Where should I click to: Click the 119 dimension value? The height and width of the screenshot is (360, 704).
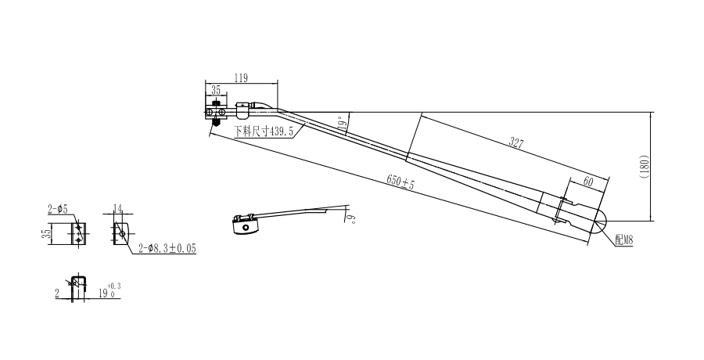tap(241, 77)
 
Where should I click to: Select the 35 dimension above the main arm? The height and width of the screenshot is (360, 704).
tap(215, 90)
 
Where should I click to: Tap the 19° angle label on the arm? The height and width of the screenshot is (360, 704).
tap(342, 123)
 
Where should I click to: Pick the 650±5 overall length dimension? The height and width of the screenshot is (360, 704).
tap(400, 182)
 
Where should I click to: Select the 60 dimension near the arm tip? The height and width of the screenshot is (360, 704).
tap(587, 181)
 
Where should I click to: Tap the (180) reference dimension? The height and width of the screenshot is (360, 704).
tap(643, 166)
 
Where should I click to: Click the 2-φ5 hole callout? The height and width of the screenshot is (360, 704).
tap(57, 209)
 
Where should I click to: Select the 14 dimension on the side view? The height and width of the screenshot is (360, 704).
tap(117, 208)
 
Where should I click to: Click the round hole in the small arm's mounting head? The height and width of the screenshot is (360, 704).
tap(246, 228)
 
